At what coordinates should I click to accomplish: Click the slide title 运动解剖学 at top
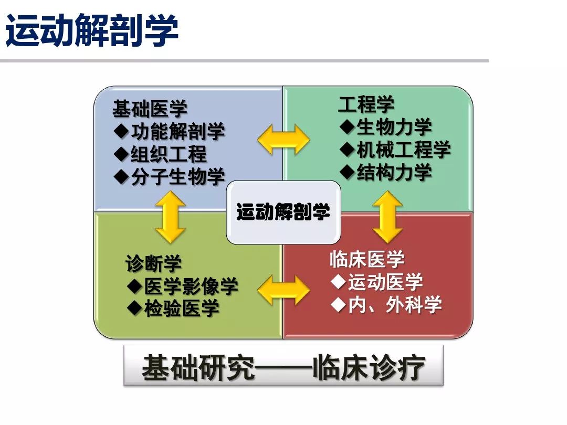[x=92, y=30]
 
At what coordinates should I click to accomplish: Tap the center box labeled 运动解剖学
[x=283, y=212]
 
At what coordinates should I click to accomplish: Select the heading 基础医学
[x=150, y=110]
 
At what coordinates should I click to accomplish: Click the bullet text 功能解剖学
[x=178, y=132]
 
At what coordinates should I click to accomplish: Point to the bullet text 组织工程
[x=169, y=154]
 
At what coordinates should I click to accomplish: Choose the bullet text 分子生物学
[x=178, y=177]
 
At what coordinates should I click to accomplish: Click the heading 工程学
[x=366, y=104]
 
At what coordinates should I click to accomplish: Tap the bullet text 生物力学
[x=394, y=127]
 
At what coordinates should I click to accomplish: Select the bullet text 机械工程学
[x=403, y=150]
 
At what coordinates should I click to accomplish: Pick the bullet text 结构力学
[x=394, y=172]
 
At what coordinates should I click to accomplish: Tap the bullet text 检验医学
[x=182, y=309]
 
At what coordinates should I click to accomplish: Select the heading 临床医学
[x=367, y=259]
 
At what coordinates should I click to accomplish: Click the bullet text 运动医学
[x=385, y=282]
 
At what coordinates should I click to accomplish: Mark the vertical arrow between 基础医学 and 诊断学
[x=171, y=217]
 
